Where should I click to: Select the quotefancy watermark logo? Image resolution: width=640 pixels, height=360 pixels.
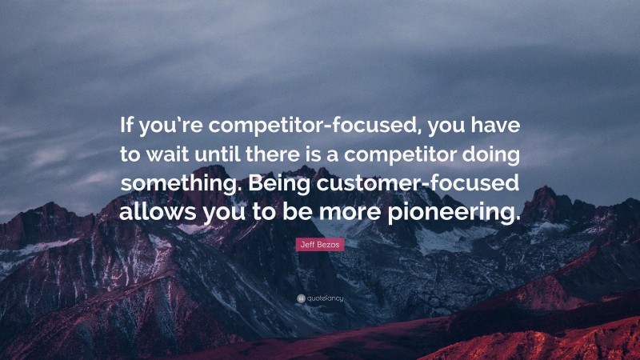coord(320,298)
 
